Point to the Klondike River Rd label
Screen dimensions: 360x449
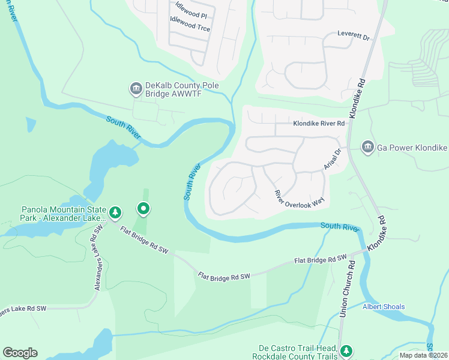319,124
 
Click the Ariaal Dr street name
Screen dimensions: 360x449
333,158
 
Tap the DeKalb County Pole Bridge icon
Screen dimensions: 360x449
136,89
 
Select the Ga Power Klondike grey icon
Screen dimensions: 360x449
367,146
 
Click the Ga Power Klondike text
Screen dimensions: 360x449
412,146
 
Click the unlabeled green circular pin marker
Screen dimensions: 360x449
143,209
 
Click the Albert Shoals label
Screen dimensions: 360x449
383,307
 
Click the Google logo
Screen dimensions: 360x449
20,353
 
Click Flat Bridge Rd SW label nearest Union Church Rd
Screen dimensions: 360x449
321,260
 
